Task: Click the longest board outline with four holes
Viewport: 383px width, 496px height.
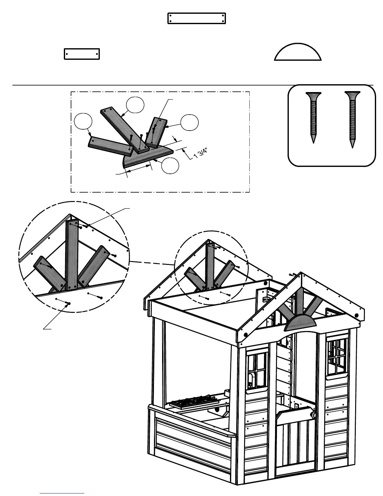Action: pos(197,18)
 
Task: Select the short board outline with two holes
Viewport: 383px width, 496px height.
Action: pos(82,54)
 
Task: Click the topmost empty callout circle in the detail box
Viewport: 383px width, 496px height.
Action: pos(135,106)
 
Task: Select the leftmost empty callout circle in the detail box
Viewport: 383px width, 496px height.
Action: pos(83,122)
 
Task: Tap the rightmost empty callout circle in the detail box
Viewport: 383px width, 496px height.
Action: pos(189,123)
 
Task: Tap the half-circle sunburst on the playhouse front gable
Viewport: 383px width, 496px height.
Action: pos(299,323)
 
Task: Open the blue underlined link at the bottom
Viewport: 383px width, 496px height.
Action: pos(62,493)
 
